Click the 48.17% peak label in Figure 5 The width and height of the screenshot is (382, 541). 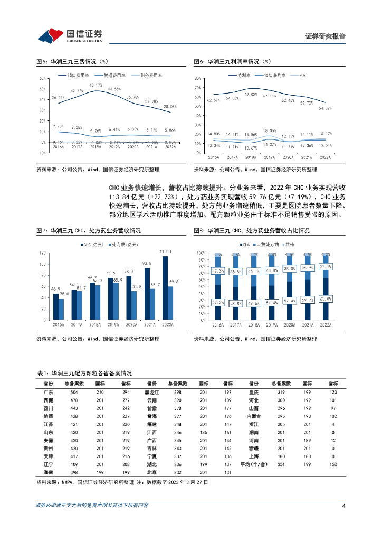pos(96,86)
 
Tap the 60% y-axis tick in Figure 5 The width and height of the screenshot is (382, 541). pos(41,78)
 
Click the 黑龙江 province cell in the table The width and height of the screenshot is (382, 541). pos(151,393)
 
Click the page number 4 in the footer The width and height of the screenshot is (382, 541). pos(343,506)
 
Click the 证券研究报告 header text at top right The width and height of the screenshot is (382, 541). pos(326,36)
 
